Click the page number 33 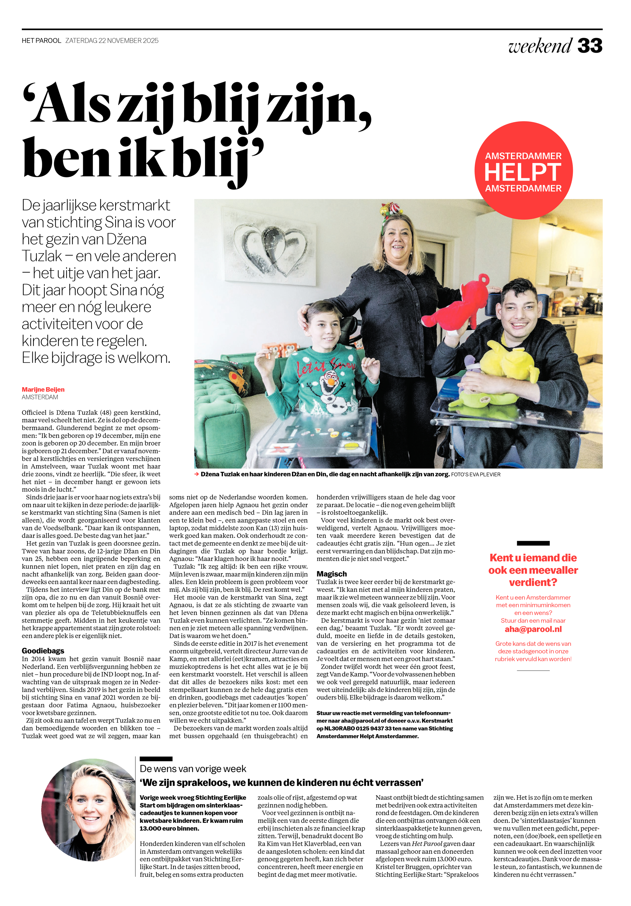tap(589, 46)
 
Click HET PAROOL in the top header tap(42, 41)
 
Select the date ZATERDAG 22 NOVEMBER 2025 tap(112, 41)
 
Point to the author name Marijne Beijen tap(43, 390)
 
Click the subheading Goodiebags tap(43, 651)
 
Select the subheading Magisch tap(332, 574)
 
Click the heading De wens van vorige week tap(193, 769)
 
